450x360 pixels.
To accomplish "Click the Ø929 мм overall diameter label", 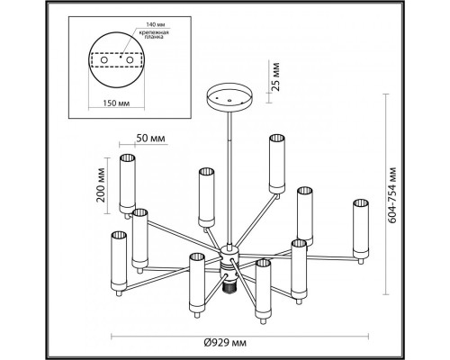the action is pyautogui.click(x=225, y=343).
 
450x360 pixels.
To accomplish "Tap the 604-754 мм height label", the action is pyautogui.click(x=391, y=195).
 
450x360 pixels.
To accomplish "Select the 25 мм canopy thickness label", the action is pyautogui.click(x=274, y=76).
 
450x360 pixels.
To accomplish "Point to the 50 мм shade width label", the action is pyautogui.click(x=150, y=139).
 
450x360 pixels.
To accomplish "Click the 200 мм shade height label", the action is pyautogui.click(x=102, y=185).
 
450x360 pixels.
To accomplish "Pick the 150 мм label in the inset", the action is pyautogui.click(x=116, y=103).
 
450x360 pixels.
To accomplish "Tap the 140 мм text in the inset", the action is pyautogui.click(x=156, y=24).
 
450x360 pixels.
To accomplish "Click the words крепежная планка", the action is pyautogui.click(x=154, y=35).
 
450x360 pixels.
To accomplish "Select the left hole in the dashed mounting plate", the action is pyautogui.click(x=104, y=60).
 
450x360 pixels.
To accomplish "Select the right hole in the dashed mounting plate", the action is pyautogui.click(x=130, y=60).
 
